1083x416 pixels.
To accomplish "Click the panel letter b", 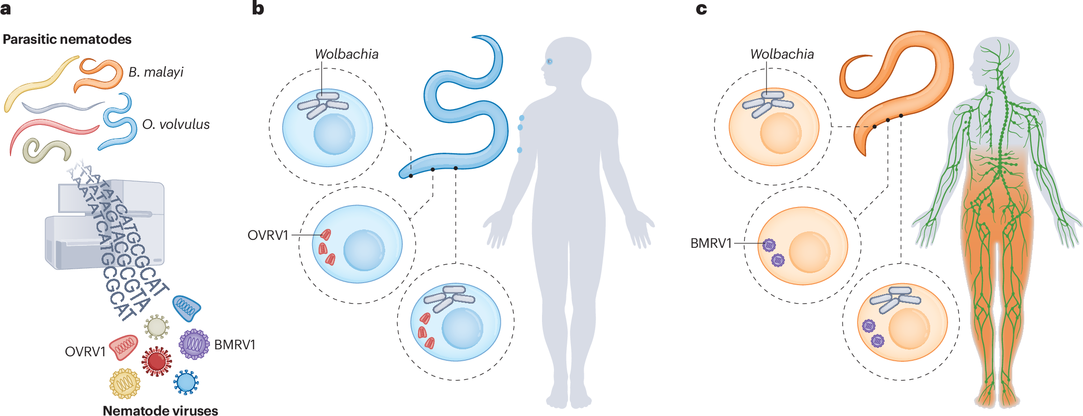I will tap(258, 8).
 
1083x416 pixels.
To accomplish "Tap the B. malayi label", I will tap(156, 72).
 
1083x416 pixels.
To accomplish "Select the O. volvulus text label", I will tap(176, 124).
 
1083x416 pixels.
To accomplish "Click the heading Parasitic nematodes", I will tap(67, 39).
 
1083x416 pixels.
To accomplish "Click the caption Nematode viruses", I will tap(160, 411).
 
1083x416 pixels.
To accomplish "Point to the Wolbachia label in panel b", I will tap(346, 54).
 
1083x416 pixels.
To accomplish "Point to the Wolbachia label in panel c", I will tap(782, 54).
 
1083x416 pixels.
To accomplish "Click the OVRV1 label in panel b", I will tap(268, 235).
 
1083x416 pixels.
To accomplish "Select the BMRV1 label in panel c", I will tap(711, 243).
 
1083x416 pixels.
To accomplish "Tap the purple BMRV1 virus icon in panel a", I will tap(194, 344).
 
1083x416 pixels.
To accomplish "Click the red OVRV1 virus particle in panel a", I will tap(123, 347).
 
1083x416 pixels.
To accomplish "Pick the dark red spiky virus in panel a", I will tap(157, 361).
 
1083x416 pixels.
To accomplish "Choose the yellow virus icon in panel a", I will tap(124, 383).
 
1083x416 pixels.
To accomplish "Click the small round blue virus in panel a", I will tap(186, 382).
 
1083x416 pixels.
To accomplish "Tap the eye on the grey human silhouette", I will tap(549, 61).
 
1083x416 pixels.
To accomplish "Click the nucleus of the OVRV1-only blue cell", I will tap(364, 250).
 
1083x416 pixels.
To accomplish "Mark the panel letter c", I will tap(701, 8).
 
